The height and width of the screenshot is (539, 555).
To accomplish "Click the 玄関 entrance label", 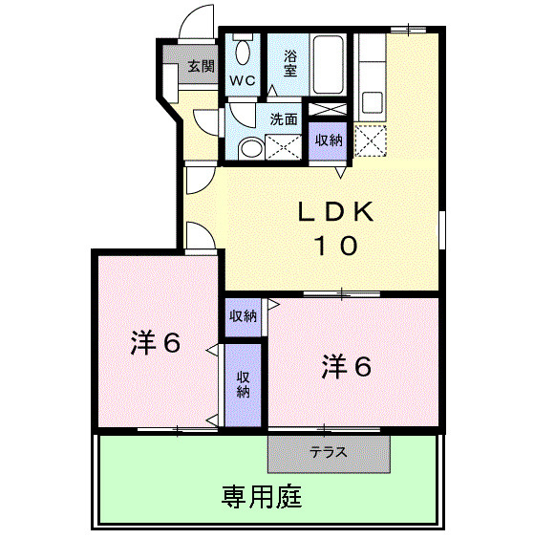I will click(200, 67).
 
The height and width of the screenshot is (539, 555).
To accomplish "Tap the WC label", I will click(241, 81).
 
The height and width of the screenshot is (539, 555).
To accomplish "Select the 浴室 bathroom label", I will click(289, 63).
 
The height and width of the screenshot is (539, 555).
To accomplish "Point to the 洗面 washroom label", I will click(284, 119).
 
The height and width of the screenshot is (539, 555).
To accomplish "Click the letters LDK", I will click(332, 211).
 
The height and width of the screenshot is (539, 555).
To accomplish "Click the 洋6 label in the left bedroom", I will click(157, 343).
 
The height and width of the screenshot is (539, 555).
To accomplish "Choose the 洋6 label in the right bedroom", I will click(347, 366).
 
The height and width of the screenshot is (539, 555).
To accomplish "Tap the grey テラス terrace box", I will click(330, 453).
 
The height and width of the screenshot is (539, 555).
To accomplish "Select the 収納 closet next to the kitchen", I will click(330, 140).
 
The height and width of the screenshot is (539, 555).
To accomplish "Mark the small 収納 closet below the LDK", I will click(243, 316).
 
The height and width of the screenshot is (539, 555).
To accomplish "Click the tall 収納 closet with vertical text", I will click(244, 383).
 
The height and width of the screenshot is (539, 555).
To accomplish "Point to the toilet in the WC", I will click(243, 51).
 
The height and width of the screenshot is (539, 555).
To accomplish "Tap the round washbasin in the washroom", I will click(249, 148).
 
